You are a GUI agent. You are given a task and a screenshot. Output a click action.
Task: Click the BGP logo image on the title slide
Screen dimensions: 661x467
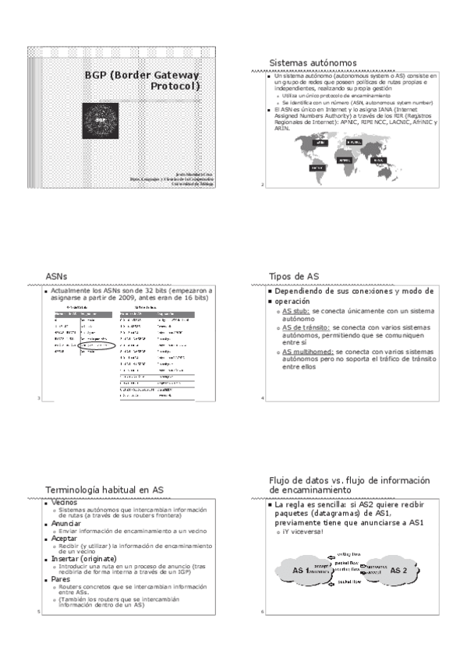point(101,122)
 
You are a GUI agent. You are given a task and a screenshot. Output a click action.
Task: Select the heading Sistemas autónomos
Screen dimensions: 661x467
point(312,62)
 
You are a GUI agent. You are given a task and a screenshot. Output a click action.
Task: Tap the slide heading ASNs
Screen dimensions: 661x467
point(57,276)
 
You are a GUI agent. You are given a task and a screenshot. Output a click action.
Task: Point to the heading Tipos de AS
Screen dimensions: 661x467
point(294,276)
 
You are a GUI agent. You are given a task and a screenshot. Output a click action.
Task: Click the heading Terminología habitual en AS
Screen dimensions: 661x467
point(104,489)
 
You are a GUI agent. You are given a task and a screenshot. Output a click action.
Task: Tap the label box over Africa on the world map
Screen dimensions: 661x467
point(345,159)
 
